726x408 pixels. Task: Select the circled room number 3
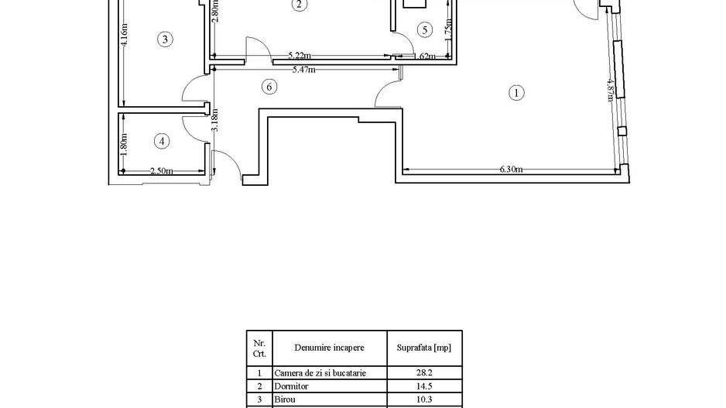click(163, 39)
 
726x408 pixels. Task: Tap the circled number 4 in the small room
click(161, 141)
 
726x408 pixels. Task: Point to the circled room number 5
click(423, 30)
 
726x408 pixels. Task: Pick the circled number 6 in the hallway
click(269, 87)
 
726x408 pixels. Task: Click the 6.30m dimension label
click(510, 169)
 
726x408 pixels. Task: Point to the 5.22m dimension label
click(300, 56)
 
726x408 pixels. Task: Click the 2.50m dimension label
click(161, 171)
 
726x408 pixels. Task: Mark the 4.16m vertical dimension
click(125, 36)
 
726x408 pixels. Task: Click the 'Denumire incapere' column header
click(328, 348)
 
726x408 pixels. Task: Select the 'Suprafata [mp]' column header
click(423, 348)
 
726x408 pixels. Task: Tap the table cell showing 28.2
click(423, 372)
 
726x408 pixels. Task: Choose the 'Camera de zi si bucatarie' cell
click(320, 372)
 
